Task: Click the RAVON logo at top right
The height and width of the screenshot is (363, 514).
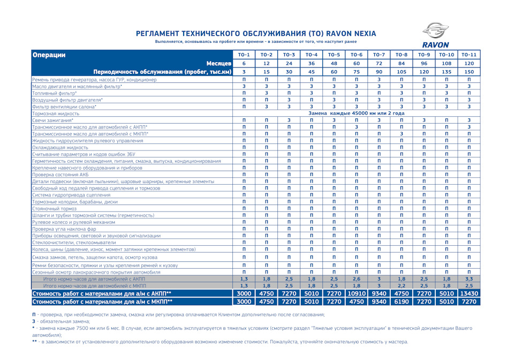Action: point(435,35)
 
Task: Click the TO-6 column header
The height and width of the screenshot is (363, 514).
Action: point(356,55)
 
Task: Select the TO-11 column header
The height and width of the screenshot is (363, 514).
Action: point(468,55)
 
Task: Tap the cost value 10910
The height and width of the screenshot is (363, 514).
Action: point(356,293)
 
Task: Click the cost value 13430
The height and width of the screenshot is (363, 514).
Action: point(468,293)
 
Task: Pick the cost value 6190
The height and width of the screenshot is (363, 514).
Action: point(401,301)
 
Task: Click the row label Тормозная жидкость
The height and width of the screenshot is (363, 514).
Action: point(56,114)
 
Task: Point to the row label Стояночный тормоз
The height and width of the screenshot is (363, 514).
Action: point(54,208)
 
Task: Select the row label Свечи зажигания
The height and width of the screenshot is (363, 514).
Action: point(53,120)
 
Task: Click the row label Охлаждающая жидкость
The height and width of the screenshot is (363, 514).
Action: point(60,147)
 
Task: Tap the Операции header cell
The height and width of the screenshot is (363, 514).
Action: point(49,55)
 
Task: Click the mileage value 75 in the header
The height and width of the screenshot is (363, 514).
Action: point(356,71)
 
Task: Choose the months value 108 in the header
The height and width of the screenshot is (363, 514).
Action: point(446,63)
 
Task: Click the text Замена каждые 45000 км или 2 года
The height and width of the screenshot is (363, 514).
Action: point(357,114)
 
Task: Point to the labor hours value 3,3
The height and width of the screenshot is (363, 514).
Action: point(468,279)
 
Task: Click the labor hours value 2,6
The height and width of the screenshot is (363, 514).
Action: point(356,279)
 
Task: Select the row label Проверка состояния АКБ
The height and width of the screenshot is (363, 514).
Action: point(60,175)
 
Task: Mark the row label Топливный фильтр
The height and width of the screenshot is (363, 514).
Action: point(54,93)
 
